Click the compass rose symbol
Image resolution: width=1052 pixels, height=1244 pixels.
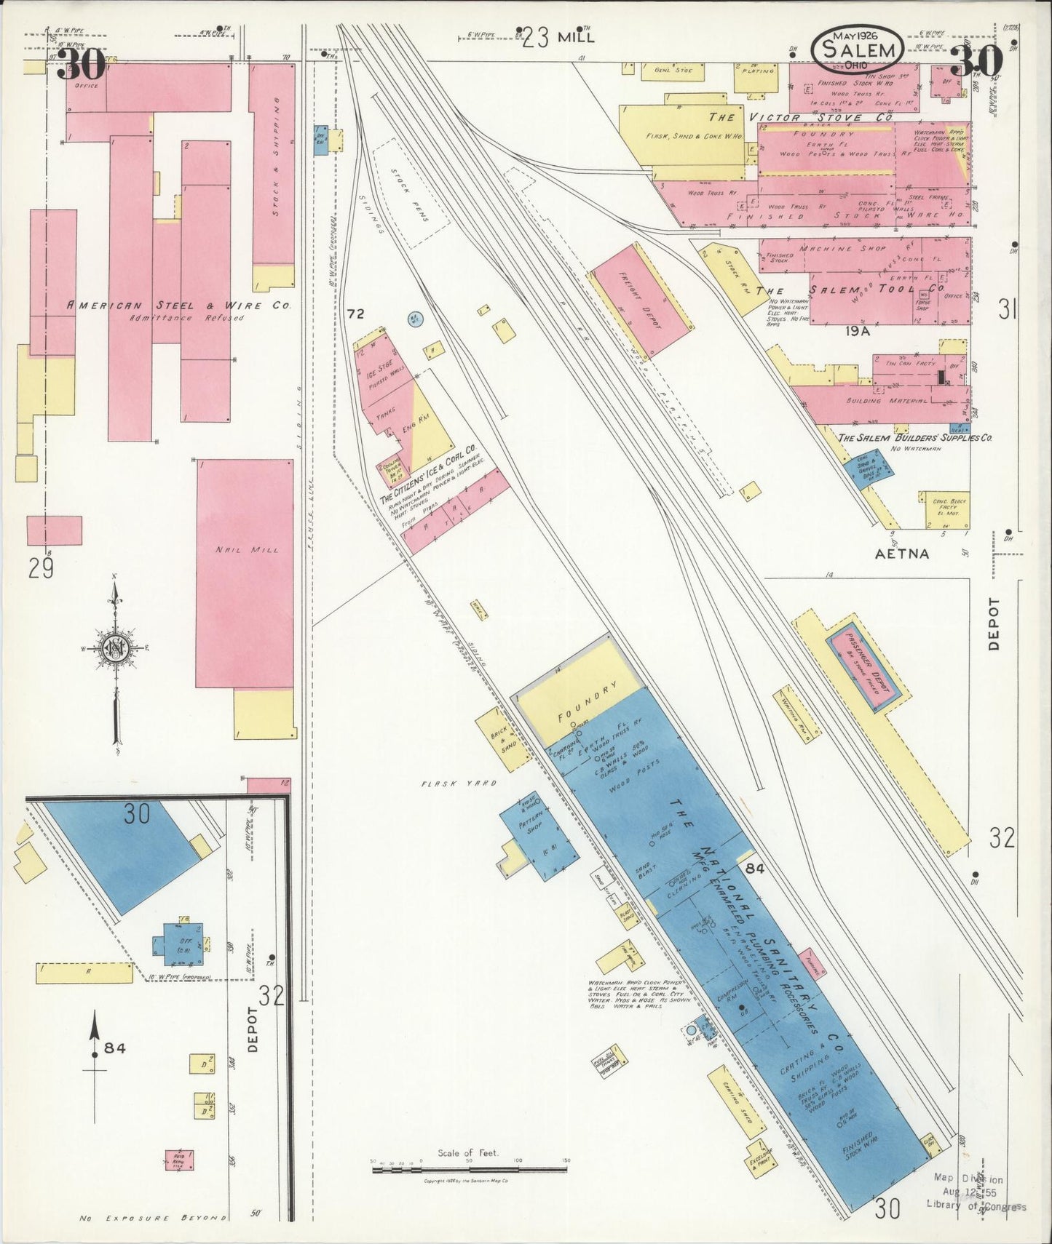[x=114, y=649]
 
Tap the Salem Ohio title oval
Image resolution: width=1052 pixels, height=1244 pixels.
[x=858, y=49]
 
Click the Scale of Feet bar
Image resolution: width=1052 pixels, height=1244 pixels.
[x=469, y=1169]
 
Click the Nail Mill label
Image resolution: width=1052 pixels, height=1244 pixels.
[x=237, y=550]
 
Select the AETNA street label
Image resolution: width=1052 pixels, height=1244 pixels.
[x=902, y=553]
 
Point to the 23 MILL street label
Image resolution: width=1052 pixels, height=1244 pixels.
[x=558, y=38]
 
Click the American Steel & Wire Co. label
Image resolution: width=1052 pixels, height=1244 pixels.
[x=179, y=306]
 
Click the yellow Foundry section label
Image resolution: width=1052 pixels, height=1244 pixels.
[x=587, y=701]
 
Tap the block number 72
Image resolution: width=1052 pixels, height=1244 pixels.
[x=355, y=314]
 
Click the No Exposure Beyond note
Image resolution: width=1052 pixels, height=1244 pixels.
[x=152, y=1217]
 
